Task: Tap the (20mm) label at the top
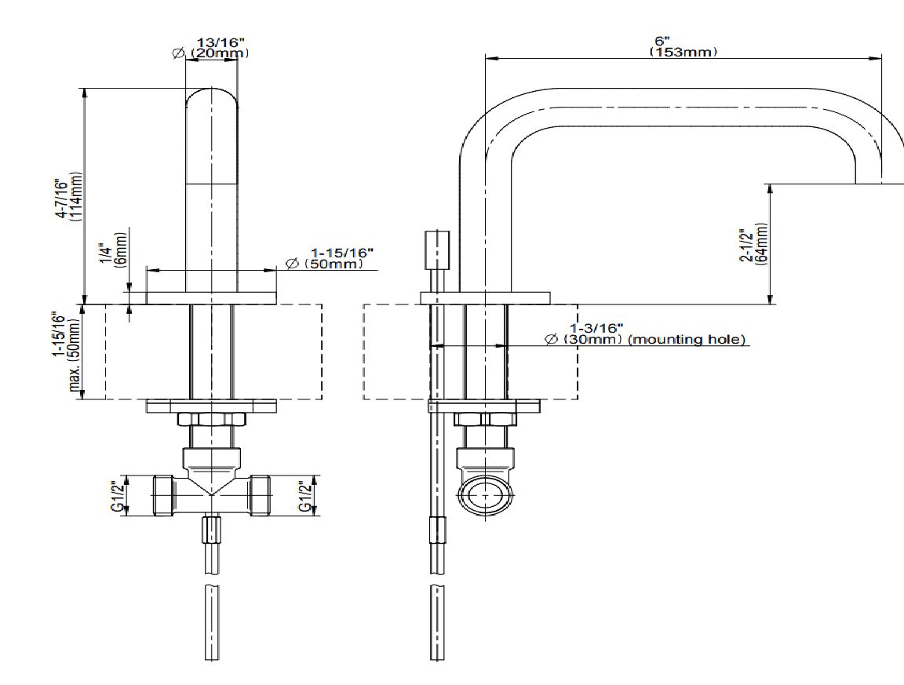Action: (221, 53)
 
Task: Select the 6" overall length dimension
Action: (663, 42)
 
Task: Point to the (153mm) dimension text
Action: (683, 52)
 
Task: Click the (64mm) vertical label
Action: (761, 245)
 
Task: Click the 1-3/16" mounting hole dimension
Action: (596, 327)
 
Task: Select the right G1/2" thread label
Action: (305, 496)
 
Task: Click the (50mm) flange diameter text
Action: (333, 264)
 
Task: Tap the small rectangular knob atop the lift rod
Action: (437, 250)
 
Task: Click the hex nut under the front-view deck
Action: (210, 420)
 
